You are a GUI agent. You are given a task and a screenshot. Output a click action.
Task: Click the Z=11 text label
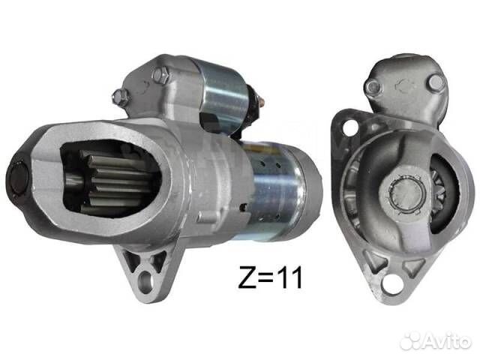pos(270,277)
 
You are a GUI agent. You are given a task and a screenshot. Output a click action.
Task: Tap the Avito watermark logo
pos(436,340)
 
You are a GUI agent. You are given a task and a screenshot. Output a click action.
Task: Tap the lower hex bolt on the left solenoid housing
pos(121,97)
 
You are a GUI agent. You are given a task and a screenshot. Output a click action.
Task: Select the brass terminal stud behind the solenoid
pos(261,100)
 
